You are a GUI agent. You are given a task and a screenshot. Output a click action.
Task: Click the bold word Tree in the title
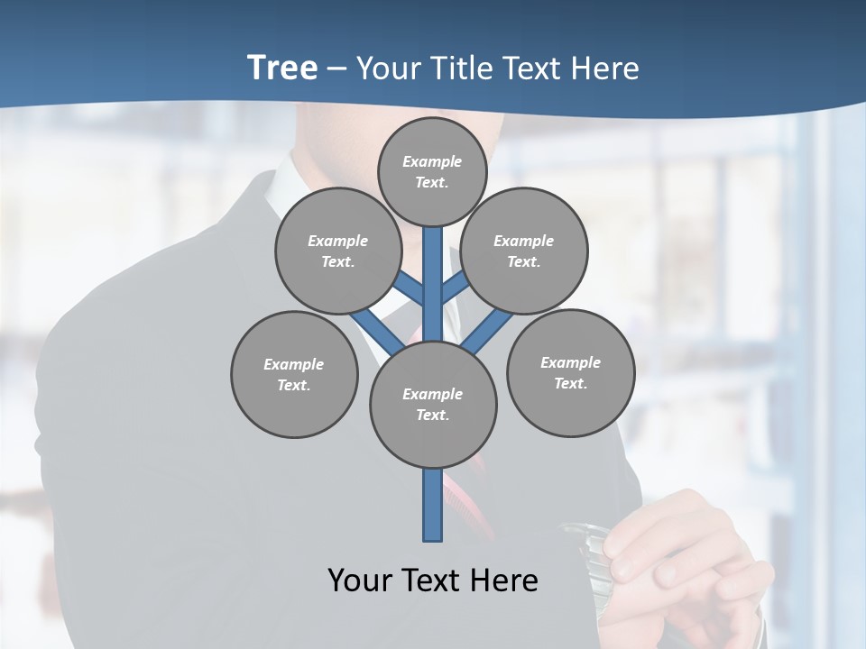(282, 68)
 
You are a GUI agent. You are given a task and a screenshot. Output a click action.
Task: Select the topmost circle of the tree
(432, 171)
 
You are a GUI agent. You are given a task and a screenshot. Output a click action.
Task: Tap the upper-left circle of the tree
(338, 251)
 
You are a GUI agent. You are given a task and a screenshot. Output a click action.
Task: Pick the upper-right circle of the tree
(524, 251)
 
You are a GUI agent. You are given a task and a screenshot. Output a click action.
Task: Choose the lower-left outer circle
(294, 375)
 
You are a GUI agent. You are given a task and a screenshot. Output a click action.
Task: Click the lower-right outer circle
(570, 373)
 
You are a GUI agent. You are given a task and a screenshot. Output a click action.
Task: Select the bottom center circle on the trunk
(433, 405)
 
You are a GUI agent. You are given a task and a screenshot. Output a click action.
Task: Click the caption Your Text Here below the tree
(433, 580)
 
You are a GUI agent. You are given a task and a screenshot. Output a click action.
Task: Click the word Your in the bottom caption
(359, 580)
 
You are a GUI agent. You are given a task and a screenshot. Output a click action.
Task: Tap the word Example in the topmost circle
(432, 161)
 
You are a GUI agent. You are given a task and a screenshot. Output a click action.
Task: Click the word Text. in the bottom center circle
(433, 416)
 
